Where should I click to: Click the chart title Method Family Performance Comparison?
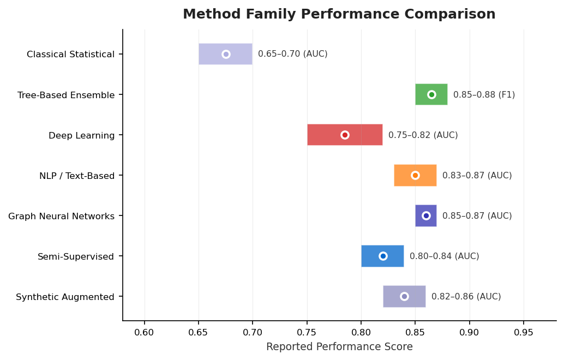[x=339, y=14]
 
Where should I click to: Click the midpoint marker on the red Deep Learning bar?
[x=345, y=135]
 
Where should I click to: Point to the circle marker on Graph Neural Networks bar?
[x=426, y=215]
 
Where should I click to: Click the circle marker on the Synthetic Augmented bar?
[x=404, y=296]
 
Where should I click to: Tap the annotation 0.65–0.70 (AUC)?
[x=292, y=54]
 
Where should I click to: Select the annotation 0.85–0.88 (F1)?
[x=484, y=94]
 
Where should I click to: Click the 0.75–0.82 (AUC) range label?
[x=423, y=135]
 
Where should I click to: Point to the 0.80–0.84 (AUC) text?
[x=444, y=256]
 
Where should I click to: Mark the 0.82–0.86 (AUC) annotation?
[x=466, y=296]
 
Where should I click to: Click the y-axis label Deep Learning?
[x=81, y=135]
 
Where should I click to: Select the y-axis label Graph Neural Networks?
[x=61, y=216]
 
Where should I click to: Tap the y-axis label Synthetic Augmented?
[x=65, y=297]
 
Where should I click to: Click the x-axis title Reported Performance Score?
[x=339, y=347]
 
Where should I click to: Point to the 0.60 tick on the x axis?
[x=145, y=332]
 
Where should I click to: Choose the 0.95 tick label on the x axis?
[x=524, y=332]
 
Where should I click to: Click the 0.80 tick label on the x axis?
[x=361, y=332]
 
